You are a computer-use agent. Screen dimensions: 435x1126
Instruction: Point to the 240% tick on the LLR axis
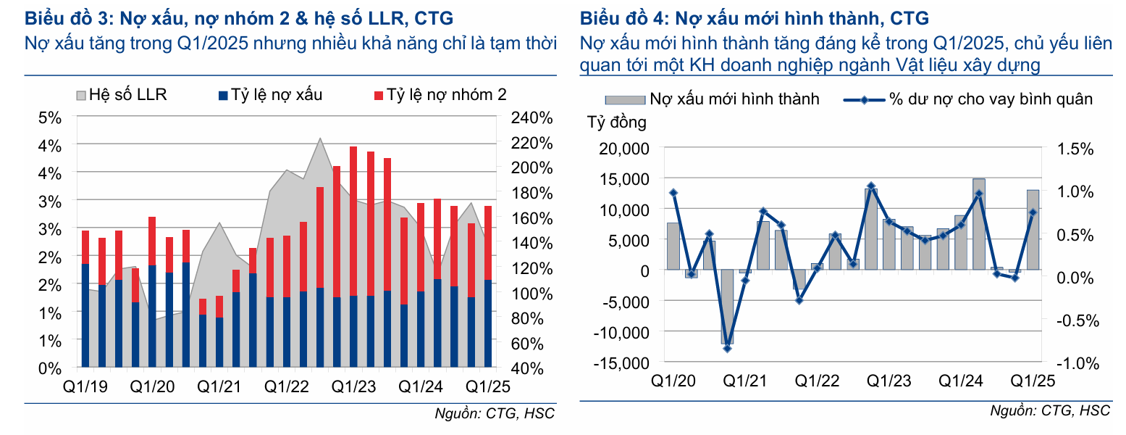tap(532, 117)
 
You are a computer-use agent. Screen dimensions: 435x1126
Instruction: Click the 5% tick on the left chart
tap(50, 117)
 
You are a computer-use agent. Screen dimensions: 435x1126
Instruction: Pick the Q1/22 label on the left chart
tap(287, 386)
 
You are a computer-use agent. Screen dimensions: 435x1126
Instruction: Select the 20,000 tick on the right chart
tap(624, 149)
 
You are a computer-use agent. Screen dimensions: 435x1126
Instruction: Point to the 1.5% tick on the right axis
tap(1074, 149)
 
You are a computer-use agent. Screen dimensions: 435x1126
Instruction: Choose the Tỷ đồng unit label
tap(617, 123)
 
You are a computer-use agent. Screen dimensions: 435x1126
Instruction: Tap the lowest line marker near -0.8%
tap(727, 348)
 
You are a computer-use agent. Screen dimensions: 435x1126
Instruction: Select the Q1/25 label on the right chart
tap(1032, 381)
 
